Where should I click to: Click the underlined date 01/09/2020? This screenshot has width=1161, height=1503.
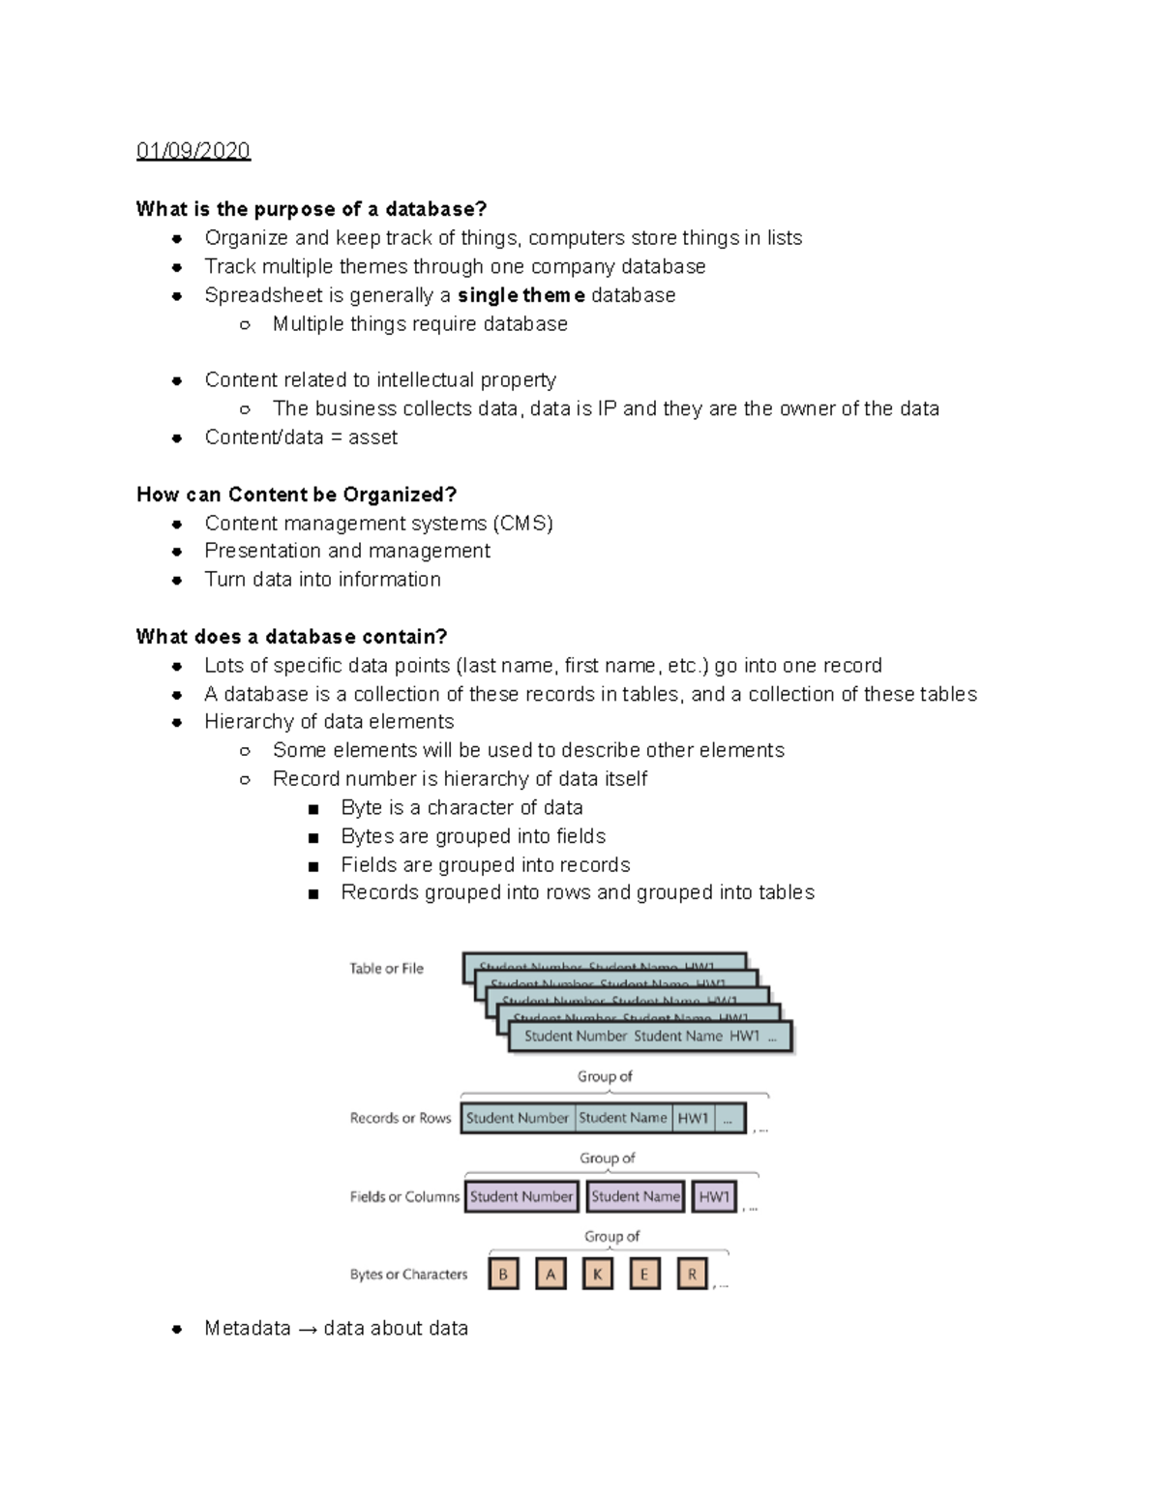193,151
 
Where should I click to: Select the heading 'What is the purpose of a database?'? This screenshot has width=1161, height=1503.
312,209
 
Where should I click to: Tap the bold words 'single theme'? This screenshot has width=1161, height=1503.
521,295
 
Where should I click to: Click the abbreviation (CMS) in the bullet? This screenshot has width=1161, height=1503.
522,524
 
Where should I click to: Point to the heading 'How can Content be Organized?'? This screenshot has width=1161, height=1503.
296,495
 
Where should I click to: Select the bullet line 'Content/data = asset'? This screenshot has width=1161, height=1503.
301,437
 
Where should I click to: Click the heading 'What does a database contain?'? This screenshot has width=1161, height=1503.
291,637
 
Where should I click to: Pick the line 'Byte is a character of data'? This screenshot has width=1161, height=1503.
461,808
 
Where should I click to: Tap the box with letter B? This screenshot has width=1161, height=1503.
503,1275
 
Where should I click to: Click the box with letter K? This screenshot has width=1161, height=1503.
597,1275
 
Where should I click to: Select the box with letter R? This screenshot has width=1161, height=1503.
692,1275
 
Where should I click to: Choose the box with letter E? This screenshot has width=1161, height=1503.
644,1275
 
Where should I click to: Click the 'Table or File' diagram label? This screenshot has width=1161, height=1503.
386,969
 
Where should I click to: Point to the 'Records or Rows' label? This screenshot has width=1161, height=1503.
401,1118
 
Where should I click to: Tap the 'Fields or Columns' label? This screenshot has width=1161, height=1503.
404,1197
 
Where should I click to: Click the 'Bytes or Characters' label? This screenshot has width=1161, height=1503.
408,1275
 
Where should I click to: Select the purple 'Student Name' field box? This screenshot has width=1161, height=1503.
635,1197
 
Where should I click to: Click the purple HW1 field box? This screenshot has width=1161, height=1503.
714,1197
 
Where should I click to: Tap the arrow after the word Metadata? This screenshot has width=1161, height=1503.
307,1330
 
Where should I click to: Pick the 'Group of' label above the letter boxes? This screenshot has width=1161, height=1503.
611,1237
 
